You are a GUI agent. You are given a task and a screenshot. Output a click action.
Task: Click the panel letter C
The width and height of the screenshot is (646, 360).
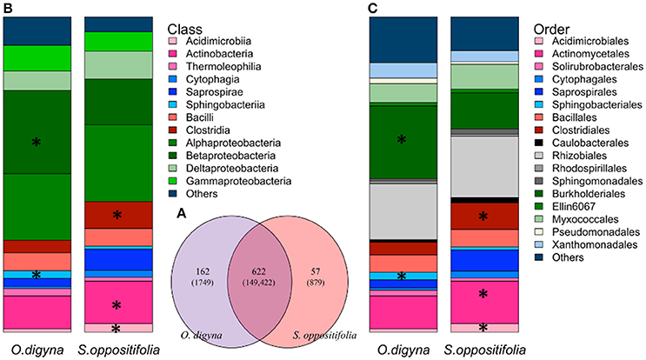(375, 8)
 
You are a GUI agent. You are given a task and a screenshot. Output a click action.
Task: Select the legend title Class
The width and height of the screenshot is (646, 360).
(186, 27)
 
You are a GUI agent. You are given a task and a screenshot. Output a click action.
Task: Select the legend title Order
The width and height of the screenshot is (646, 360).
(552, 27)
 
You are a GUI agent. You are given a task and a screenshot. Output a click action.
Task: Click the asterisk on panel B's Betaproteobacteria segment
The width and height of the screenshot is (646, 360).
(36, 142)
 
